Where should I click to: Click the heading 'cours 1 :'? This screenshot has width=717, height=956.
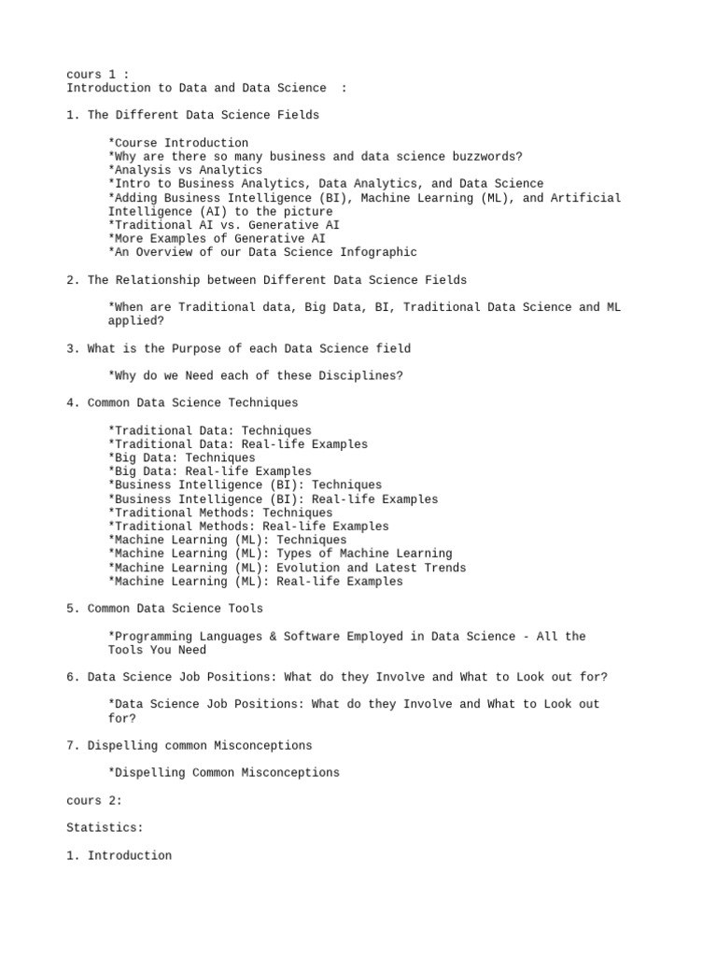pos(98,74)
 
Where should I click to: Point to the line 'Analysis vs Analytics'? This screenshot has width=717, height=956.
pos(185,170)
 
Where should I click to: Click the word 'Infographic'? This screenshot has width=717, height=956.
pos(378,252)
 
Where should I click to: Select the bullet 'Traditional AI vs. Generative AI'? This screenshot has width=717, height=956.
pos(224,225)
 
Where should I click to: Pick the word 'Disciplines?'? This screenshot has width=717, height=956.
pos(360,375)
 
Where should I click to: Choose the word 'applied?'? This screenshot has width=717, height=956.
pos(136,320)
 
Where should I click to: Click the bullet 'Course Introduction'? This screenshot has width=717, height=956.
pos(178,143)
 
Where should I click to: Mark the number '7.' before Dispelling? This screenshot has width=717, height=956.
pos(74,745)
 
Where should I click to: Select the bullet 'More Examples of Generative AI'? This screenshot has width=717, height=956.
pos(217,239)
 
